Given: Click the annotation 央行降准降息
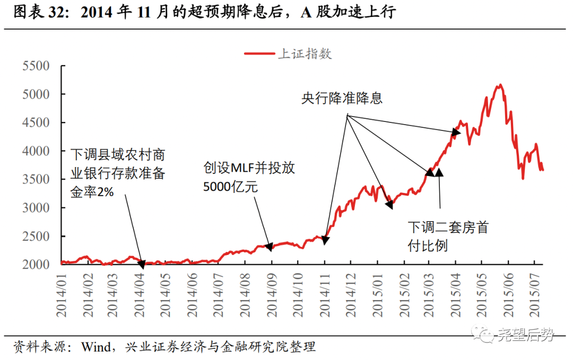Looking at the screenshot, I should pyautogui.click(x=342, y=99).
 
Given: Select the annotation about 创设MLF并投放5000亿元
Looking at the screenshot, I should pyautogui.click(x=249, y=177).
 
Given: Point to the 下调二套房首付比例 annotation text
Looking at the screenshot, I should pyautogui.click(x=448, y=236).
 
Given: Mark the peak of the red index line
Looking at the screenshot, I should pyautogui.click(x=500, y=85).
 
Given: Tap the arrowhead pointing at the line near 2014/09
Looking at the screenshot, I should pyautogui.click(x=269, y=247).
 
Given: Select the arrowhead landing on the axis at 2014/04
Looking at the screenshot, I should pyautogui.click(x=142, y=262).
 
